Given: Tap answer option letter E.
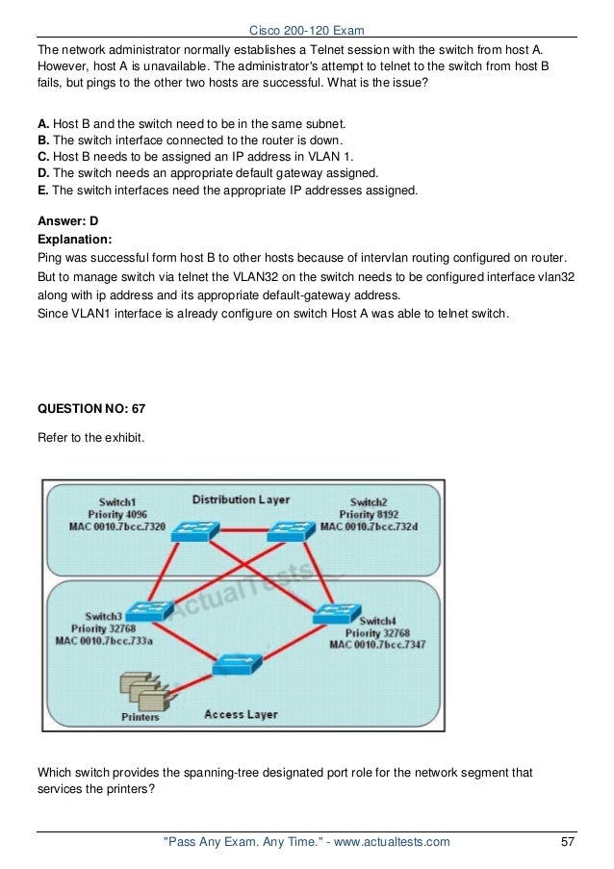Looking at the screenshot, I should pyautogui.click(x=42, y=191).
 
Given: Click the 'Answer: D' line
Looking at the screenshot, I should pyautogui.click(x=67, y=220).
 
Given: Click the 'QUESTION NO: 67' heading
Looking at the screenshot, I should pyautogui.click(x=91, y=409).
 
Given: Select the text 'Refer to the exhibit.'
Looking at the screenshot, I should pyautogui.click(x=90, y=437).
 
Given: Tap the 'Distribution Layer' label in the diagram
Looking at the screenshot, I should pyautogui.click(x=241, y=500).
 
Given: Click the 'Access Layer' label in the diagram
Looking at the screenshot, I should pyautogui.click(x=241, y=715).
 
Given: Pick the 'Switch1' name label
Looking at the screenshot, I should pyautogui.click(x=117, y=502).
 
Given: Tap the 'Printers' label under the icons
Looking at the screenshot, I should pyautogui.click(x=141, y=717).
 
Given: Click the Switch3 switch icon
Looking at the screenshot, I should pyautogui.click(x=151, y=609).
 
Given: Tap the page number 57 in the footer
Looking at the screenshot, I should pyautogui.click(x=568, y=842).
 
